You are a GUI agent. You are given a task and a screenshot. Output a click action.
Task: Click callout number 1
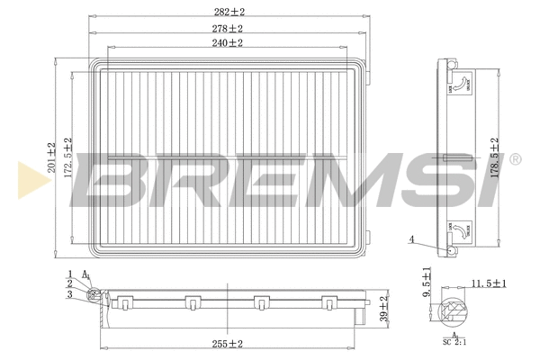[x=68, y=273]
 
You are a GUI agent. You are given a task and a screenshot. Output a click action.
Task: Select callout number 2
[x=68, y=283]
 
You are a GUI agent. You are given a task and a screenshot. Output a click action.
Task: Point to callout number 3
[x=68, y=294]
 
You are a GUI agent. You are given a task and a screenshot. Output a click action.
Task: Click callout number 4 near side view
[x=411, y=239]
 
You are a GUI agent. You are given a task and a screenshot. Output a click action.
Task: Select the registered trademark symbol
[x=514, y=160]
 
